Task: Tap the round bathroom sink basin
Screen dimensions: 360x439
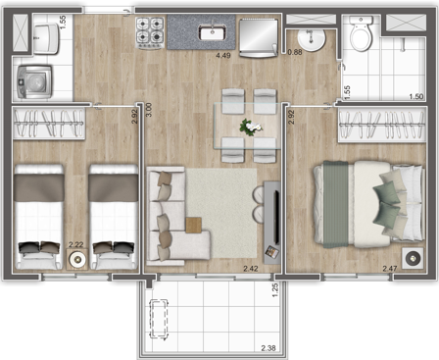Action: pos(312,39)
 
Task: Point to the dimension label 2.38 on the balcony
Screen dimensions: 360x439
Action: pos(268,348)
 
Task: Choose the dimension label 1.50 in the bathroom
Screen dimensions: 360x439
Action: pos(415,96)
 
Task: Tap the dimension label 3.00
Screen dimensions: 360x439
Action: pos(149,112)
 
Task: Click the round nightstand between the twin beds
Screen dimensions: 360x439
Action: pos(76,260)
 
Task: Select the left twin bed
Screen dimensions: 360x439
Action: pos(40,215)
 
